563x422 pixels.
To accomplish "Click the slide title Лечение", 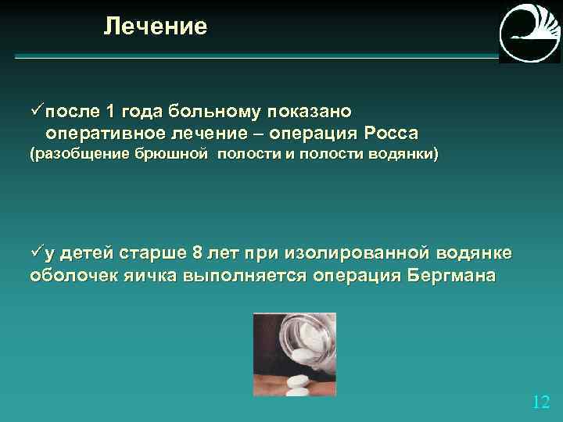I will (x=156, y=27).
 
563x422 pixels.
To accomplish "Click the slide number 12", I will (x=540, y=402).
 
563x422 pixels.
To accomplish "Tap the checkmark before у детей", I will (x=36, y=254).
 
